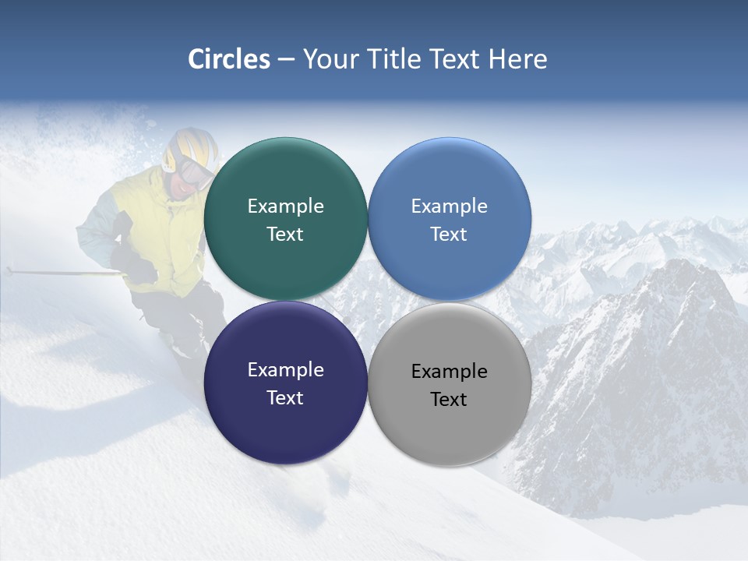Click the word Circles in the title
229,59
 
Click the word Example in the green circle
285,206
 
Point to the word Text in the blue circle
449,235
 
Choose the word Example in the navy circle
285,370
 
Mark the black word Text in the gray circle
449,400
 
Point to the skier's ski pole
62,273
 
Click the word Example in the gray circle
449,372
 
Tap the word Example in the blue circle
449,206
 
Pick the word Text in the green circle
285,235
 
